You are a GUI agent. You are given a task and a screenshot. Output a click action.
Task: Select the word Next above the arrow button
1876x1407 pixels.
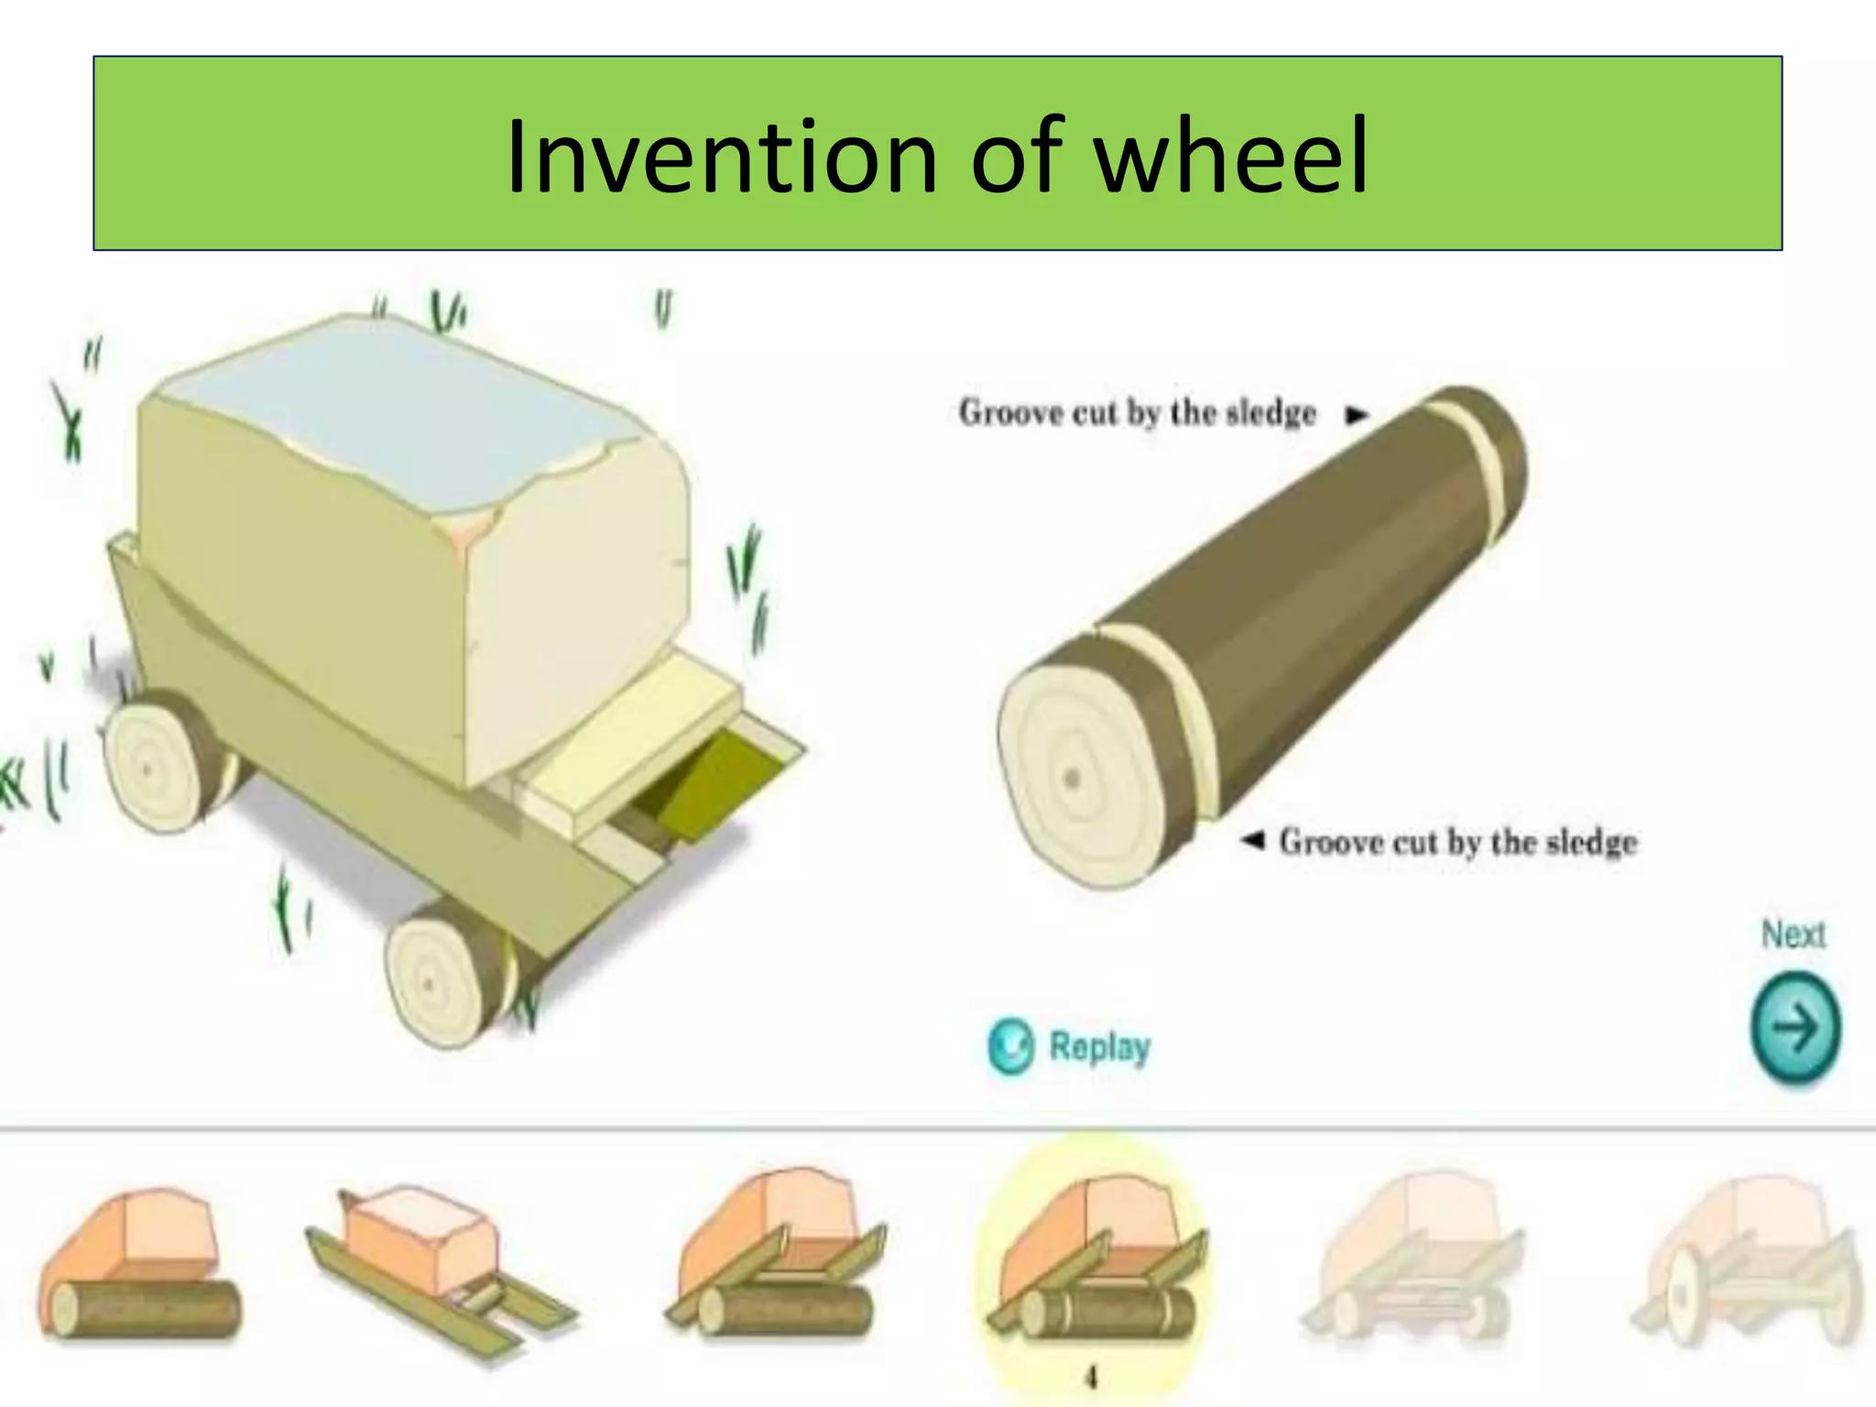pos(1793,934)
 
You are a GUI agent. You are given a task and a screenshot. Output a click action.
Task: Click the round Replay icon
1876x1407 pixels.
pos(1010,1046)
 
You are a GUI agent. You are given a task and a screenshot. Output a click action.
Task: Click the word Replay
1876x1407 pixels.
pos(1098,1046)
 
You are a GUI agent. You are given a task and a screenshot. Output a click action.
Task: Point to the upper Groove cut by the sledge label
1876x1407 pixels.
pos(1137,413)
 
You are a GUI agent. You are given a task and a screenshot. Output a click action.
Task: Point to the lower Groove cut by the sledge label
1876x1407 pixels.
pos(1457,841)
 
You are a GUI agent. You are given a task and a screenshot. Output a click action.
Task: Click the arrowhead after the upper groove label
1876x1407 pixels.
pos(1356,415)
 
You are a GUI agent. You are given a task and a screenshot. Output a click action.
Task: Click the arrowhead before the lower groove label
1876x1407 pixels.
pos(1252,840)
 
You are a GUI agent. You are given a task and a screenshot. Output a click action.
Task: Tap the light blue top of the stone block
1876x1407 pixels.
pos(394,394)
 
